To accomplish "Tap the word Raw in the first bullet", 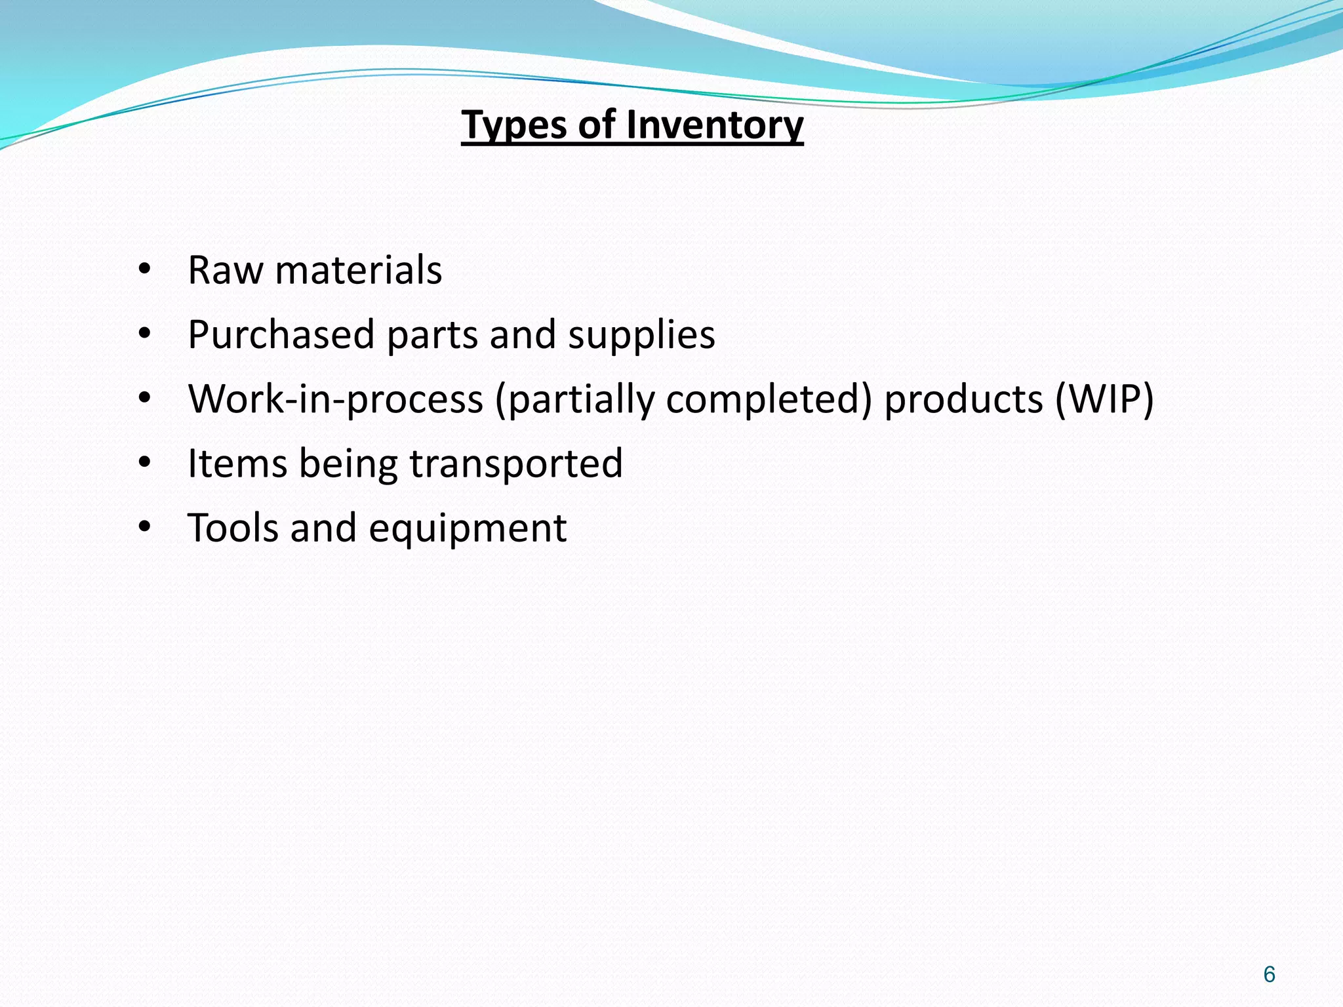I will (x=225, y=270).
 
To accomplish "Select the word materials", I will (x=359, y=270).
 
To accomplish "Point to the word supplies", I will (x=641, y=335).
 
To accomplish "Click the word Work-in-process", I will (x=335, y=399).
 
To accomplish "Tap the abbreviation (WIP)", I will (x=1104, y=399).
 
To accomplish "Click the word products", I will (x=963, y=399).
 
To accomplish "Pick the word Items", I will (x=237, y=464).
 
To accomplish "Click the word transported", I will (x=516, y=464).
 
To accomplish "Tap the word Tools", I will (x=232, y=528).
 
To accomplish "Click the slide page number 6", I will (x=1269, y=975).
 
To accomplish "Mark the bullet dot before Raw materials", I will (x=145, y=270).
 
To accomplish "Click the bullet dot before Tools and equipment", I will (x=145, y=528).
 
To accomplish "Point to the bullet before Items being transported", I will (x=145, y=464).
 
